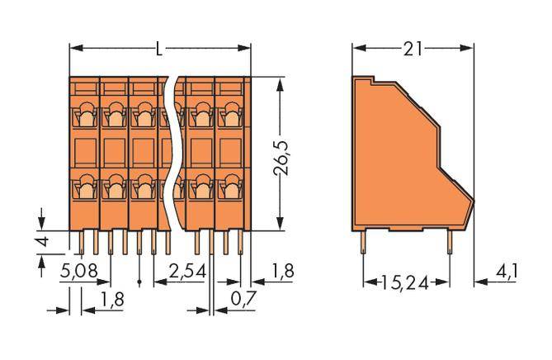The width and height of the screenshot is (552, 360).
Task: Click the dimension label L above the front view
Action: point(159,49)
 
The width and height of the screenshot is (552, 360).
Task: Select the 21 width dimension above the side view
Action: point(413,49)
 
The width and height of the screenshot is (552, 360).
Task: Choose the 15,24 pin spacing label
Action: point(407,282)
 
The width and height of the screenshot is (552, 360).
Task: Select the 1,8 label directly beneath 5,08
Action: point(113,298)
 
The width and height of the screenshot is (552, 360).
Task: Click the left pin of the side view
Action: point(364,240)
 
